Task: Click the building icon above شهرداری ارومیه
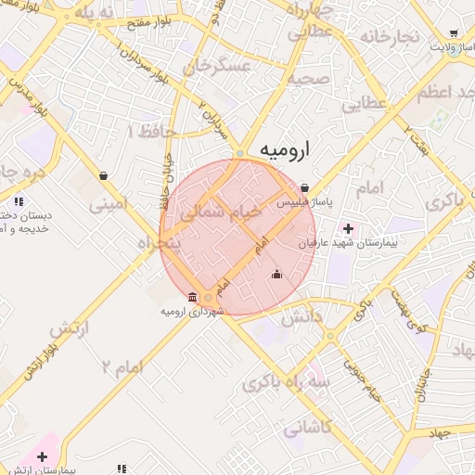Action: tap(192, 297)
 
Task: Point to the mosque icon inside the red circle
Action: tap(276, 275)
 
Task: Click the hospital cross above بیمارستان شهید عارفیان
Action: tap(349, 228)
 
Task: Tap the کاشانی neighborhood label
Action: tap(305, 430)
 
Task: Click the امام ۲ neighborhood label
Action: tap(122, 367)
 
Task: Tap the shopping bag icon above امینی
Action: tap(103, 174)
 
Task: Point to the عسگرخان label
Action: tap(218, 68)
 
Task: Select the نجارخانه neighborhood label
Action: tap(389, 37)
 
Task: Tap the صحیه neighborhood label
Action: tap(309, 79)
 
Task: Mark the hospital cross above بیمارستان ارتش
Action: tap(41, 456)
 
